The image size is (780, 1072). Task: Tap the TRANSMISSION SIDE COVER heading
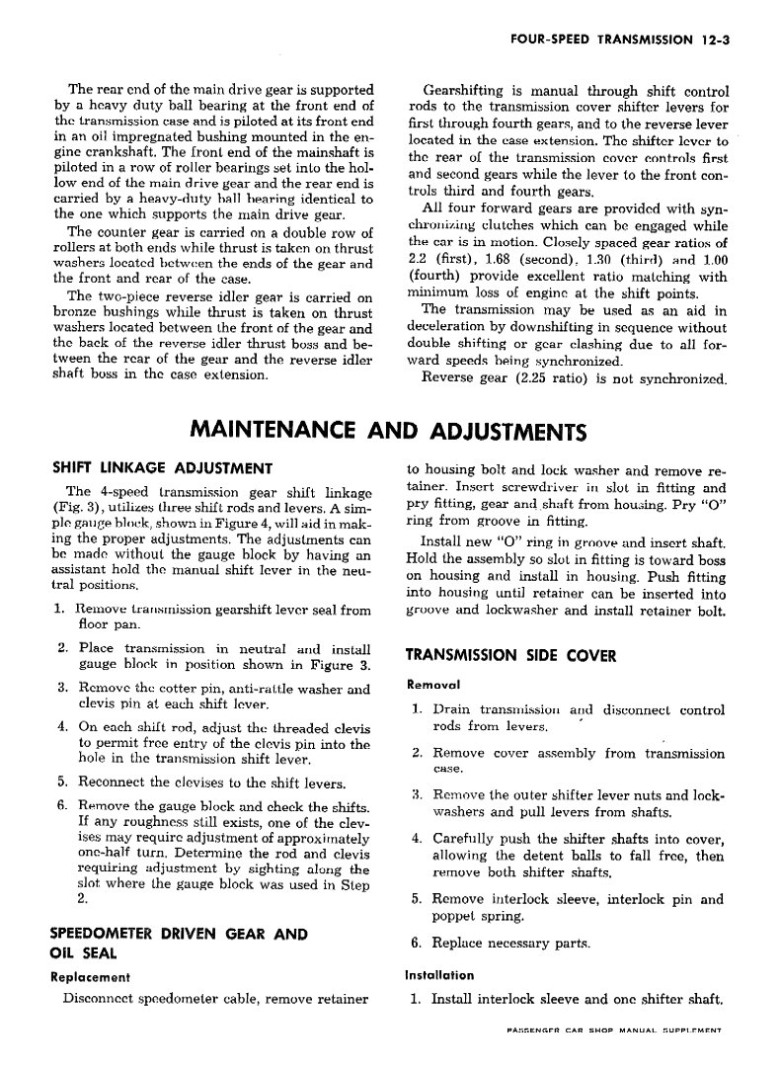click(x=511, y=655)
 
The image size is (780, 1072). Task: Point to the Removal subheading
click(x=433, y=684)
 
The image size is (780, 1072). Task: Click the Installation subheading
click(x=440, y=975)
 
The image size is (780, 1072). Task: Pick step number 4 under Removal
click(x=417, y=839)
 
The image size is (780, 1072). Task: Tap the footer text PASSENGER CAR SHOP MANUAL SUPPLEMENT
click(x=611, y=1031)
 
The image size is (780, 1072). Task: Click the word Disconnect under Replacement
click(x=100, y=998)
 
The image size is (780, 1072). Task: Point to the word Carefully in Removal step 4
click(x=468, y=839)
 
